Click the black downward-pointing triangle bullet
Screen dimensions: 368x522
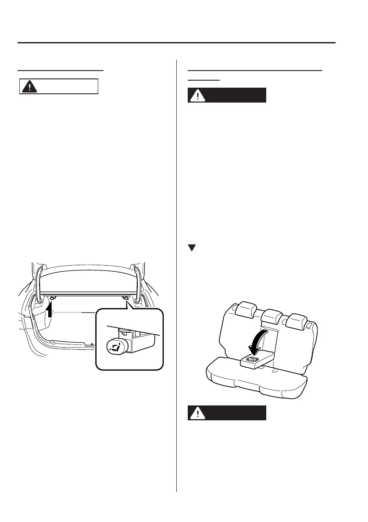(x=191, y=248)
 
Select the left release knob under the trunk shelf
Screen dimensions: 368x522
(x=52, y=298)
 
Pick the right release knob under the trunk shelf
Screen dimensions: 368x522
(x=126, y=298)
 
